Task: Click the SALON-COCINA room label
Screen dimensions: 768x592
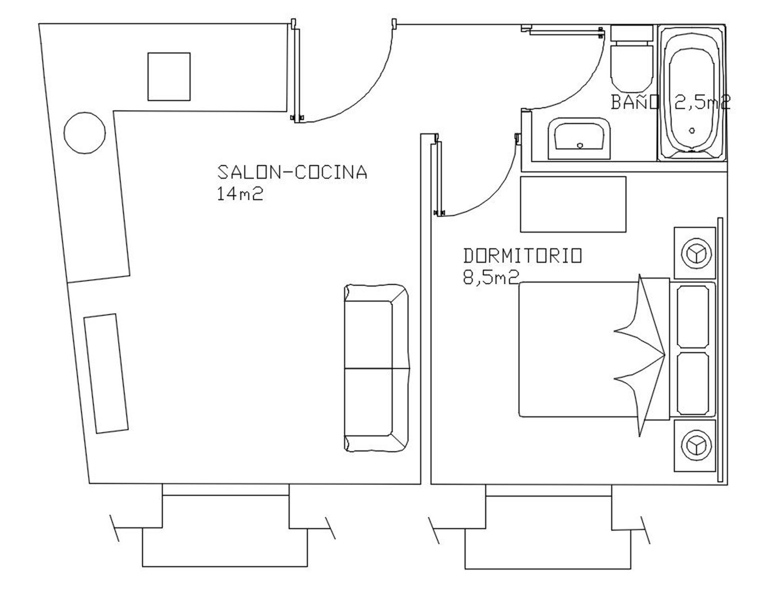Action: coord(292,172)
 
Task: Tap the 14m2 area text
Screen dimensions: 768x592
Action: coord(240,194)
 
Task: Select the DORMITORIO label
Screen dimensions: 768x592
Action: coord(522,256)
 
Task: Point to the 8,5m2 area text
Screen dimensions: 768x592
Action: coord(491,278)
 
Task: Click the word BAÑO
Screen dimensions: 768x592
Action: coord(635,102)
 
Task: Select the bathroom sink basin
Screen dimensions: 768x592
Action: coord(579,138)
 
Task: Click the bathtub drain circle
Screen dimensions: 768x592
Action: coord(692,131)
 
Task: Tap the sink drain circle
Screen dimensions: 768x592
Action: coord(580,145)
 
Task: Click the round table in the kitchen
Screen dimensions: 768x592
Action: coord(84,133)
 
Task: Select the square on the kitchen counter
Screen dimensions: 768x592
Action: coord(169,77)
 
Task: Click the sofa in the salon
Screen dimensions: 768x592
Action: coord(377,368)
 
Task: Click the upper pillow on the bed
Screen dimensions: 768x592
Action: coord(693,316)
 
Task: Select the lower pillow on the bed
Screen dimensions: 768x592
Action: coord(693,384)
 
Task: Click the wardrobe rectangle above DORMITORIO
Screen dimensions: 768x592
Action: coord(573,204)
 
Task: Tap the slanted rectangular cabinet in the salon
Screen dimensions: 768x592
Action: coord(106,373)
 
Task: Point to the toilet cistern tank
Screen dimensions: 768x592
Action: coord(632,33)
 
